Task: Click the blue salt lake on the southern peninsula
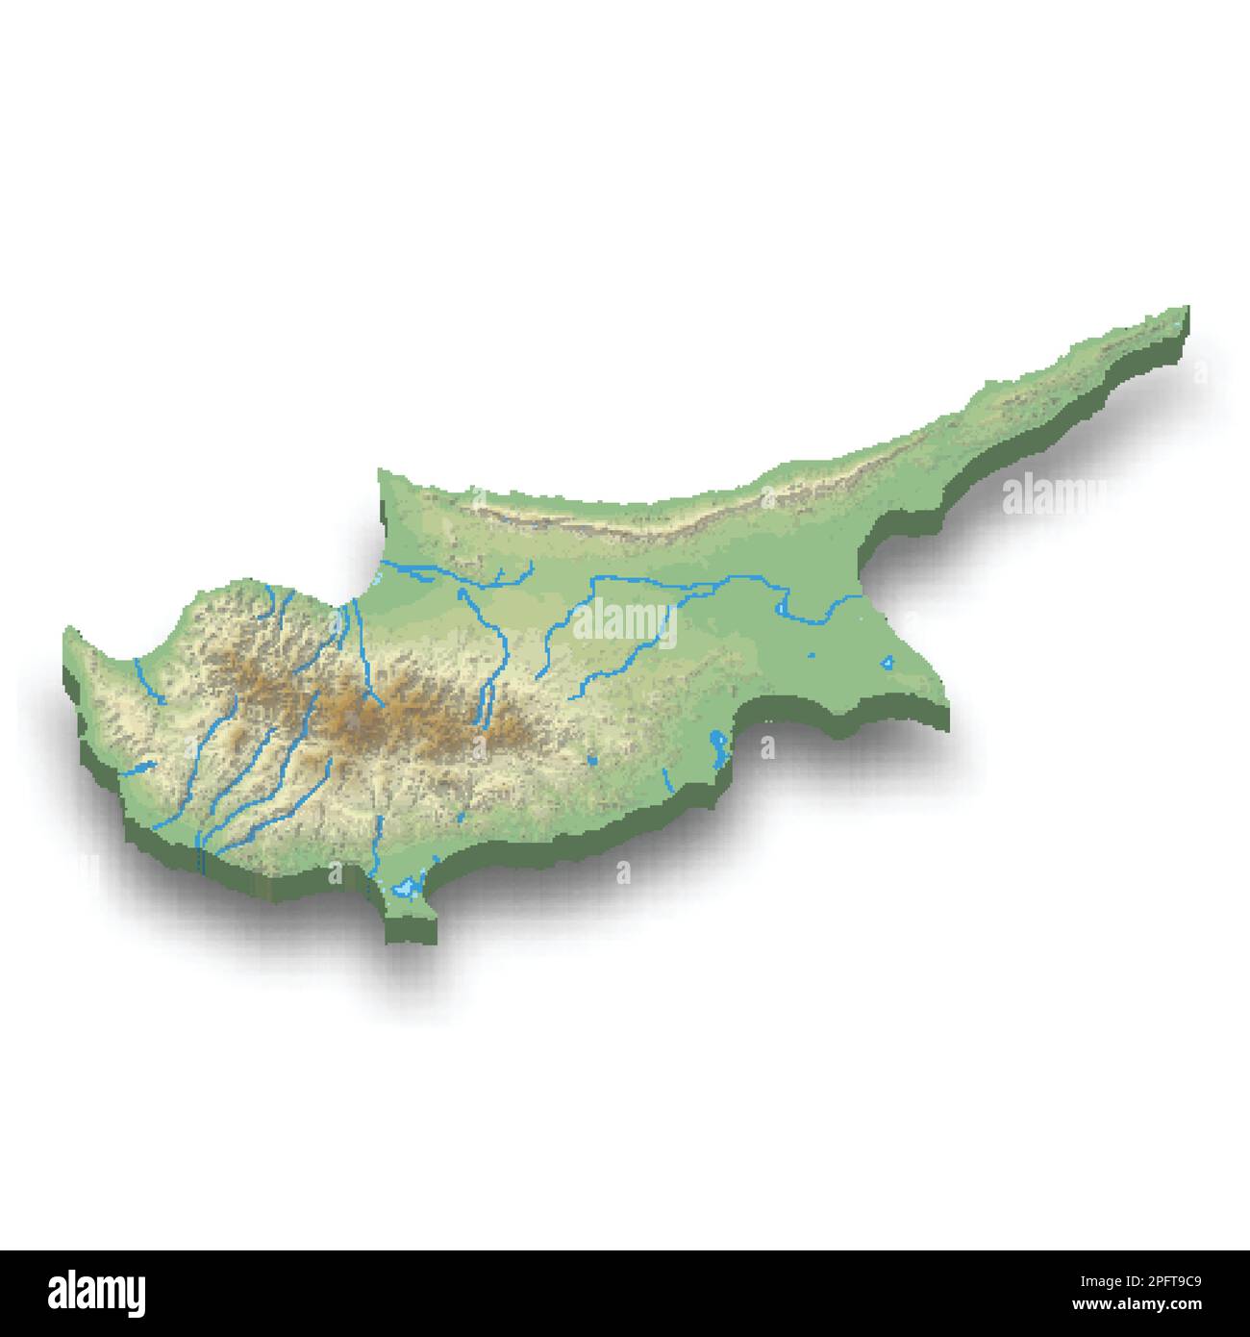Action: pyautogui.click(x=411, y=886)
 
